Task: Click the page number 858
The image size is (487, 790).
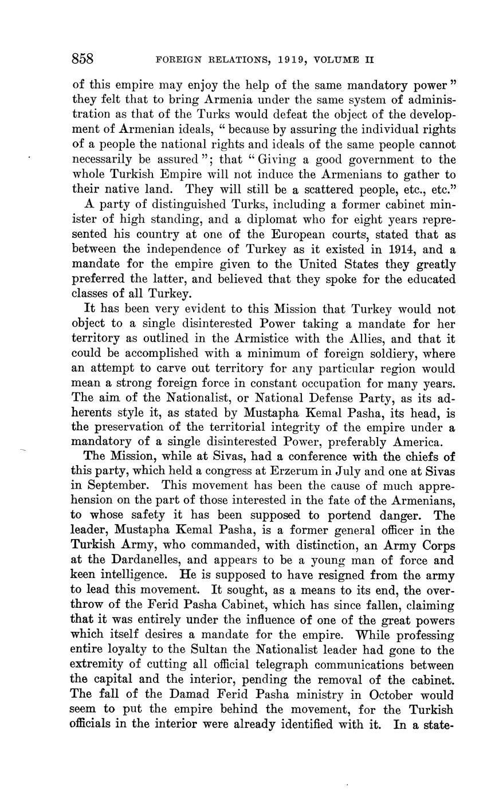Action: (83, 59)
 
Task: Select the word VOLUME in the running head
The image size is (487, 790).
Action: (333, 60)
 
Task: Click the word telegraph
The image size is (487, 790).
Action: (272, 665)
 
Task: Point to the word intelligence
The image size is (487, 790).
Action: (135, 576)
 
